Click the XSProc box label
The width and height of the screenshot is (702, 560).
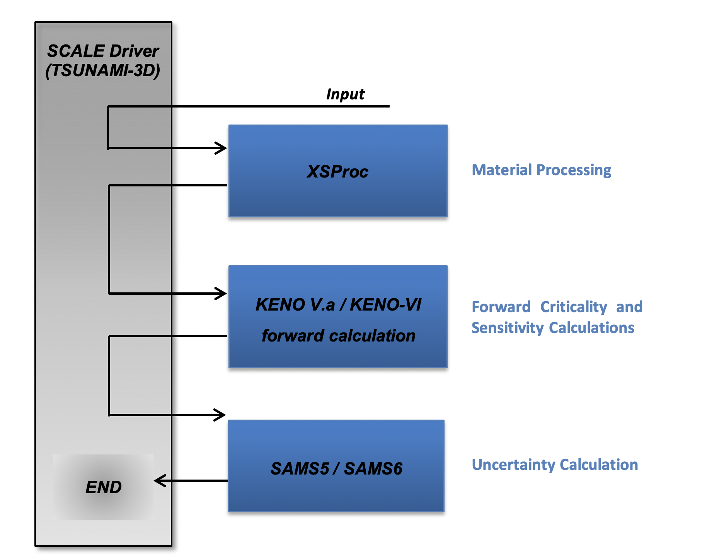pos(337,172)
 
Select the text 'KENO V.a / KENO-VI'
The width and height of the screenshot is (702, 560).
pos(338,305)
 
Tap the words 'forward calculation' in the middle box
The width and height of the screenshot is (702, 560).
pos(338,336)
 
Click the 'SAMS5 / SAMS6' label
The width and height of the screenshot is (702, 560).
pos(336,469)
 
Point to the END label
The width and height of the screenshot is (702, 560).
pos(104,487)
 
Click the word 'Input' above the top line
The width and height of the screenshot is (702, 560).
pos(345,94)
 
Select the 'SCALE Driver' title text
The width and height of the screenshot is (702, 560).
pos(103,51)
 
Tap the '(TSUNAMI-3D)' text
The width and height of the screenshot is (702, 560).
pos(103,70)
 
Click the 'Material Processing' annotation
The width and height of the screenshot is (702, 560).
pos(541,170)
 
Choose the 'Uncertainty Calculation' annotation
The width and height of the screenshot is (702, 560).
pos(555,464)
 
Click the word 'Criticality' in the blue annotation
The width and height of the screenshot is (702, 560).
pos(574,307)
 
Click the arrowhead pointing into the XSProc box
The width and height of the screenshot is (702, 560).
pos(222,148)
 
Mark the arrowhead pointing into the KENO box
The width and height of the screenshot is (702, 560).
pos(222,293)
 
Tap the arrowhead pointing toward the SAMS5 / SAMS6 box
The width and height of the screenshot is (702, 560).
pos(221,415)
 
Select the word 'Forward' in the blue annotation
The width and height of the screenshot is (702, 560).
pos(501,307)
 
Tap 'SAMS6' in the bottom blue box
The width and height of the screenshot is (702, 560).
pos(373,469)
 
